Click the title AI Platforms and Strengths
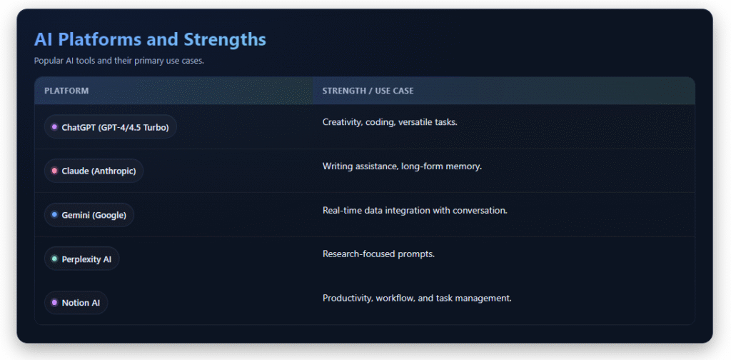150,39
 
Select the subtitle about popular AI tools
119,61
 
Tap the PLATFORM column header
66,91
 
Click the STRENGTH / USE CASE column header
368,91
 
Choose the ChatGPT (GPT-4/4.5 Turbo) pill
111,127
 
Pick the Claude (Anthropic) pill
94,171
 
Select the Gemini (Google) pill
89,215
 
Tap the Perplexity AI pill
81,259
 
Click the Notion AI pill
76,303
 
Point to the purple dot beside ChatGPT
54,127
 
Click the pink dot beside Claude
54,171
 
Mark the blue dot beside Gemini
54,215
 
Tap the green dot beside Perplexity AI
54,259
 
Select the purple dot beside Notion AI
54,303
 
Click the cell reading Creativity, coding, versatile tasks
390,122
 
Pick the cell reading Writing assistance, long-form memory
402,166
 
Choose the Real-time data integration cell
415,210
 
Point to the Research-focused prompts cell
378,254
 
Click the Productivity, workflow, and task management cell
417,298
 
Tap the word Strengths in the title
225,39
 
